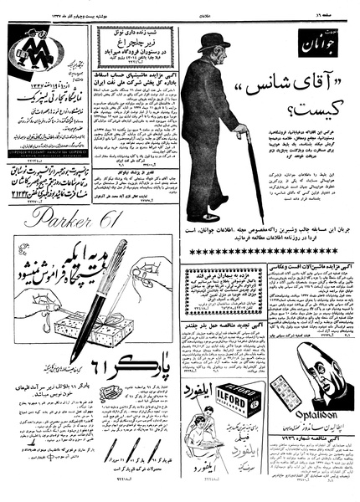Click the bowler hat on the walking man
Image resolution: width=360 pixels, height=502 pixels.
coord(214,43)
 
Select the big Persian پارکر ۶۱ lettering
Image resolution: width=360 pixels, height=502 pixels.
coord(134,368)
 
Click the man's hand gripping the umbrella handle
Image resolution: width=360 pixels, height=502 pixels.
coord(244,132)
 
